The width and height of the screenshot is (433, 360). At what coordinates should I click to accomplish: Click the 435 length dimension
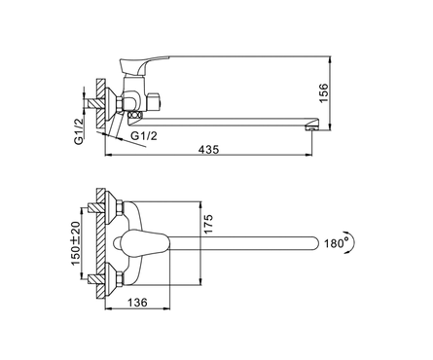209,150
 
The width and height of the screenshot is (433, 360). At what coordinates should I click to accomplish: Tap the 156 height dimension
323,93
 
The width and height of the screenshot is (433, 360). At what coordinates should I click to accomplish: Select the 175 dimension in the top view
208,224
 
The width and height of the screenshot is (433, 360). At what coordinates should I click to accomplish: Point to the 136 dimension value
137,303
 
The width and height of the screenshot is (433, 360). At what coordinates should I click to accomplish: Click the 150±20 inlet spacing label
75,243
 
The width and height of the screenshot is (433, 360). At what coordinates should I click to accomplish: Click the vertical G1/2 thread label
79,130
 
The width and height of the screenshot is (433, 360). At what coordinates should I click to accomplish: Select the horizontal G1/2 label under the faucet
144,135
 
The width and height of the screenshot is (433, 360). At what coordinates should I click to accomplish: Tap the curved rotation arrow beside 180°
351,242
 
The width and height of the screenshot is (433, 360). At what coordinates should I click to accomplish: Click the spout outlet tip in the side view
311,128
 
